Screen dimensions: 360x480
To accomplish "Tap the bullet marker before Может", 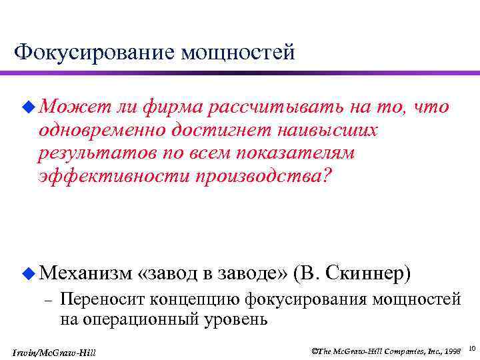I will click(x=26, y=107).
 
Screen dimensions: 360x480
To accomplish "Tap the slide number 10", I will click(x=471, y=349).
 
